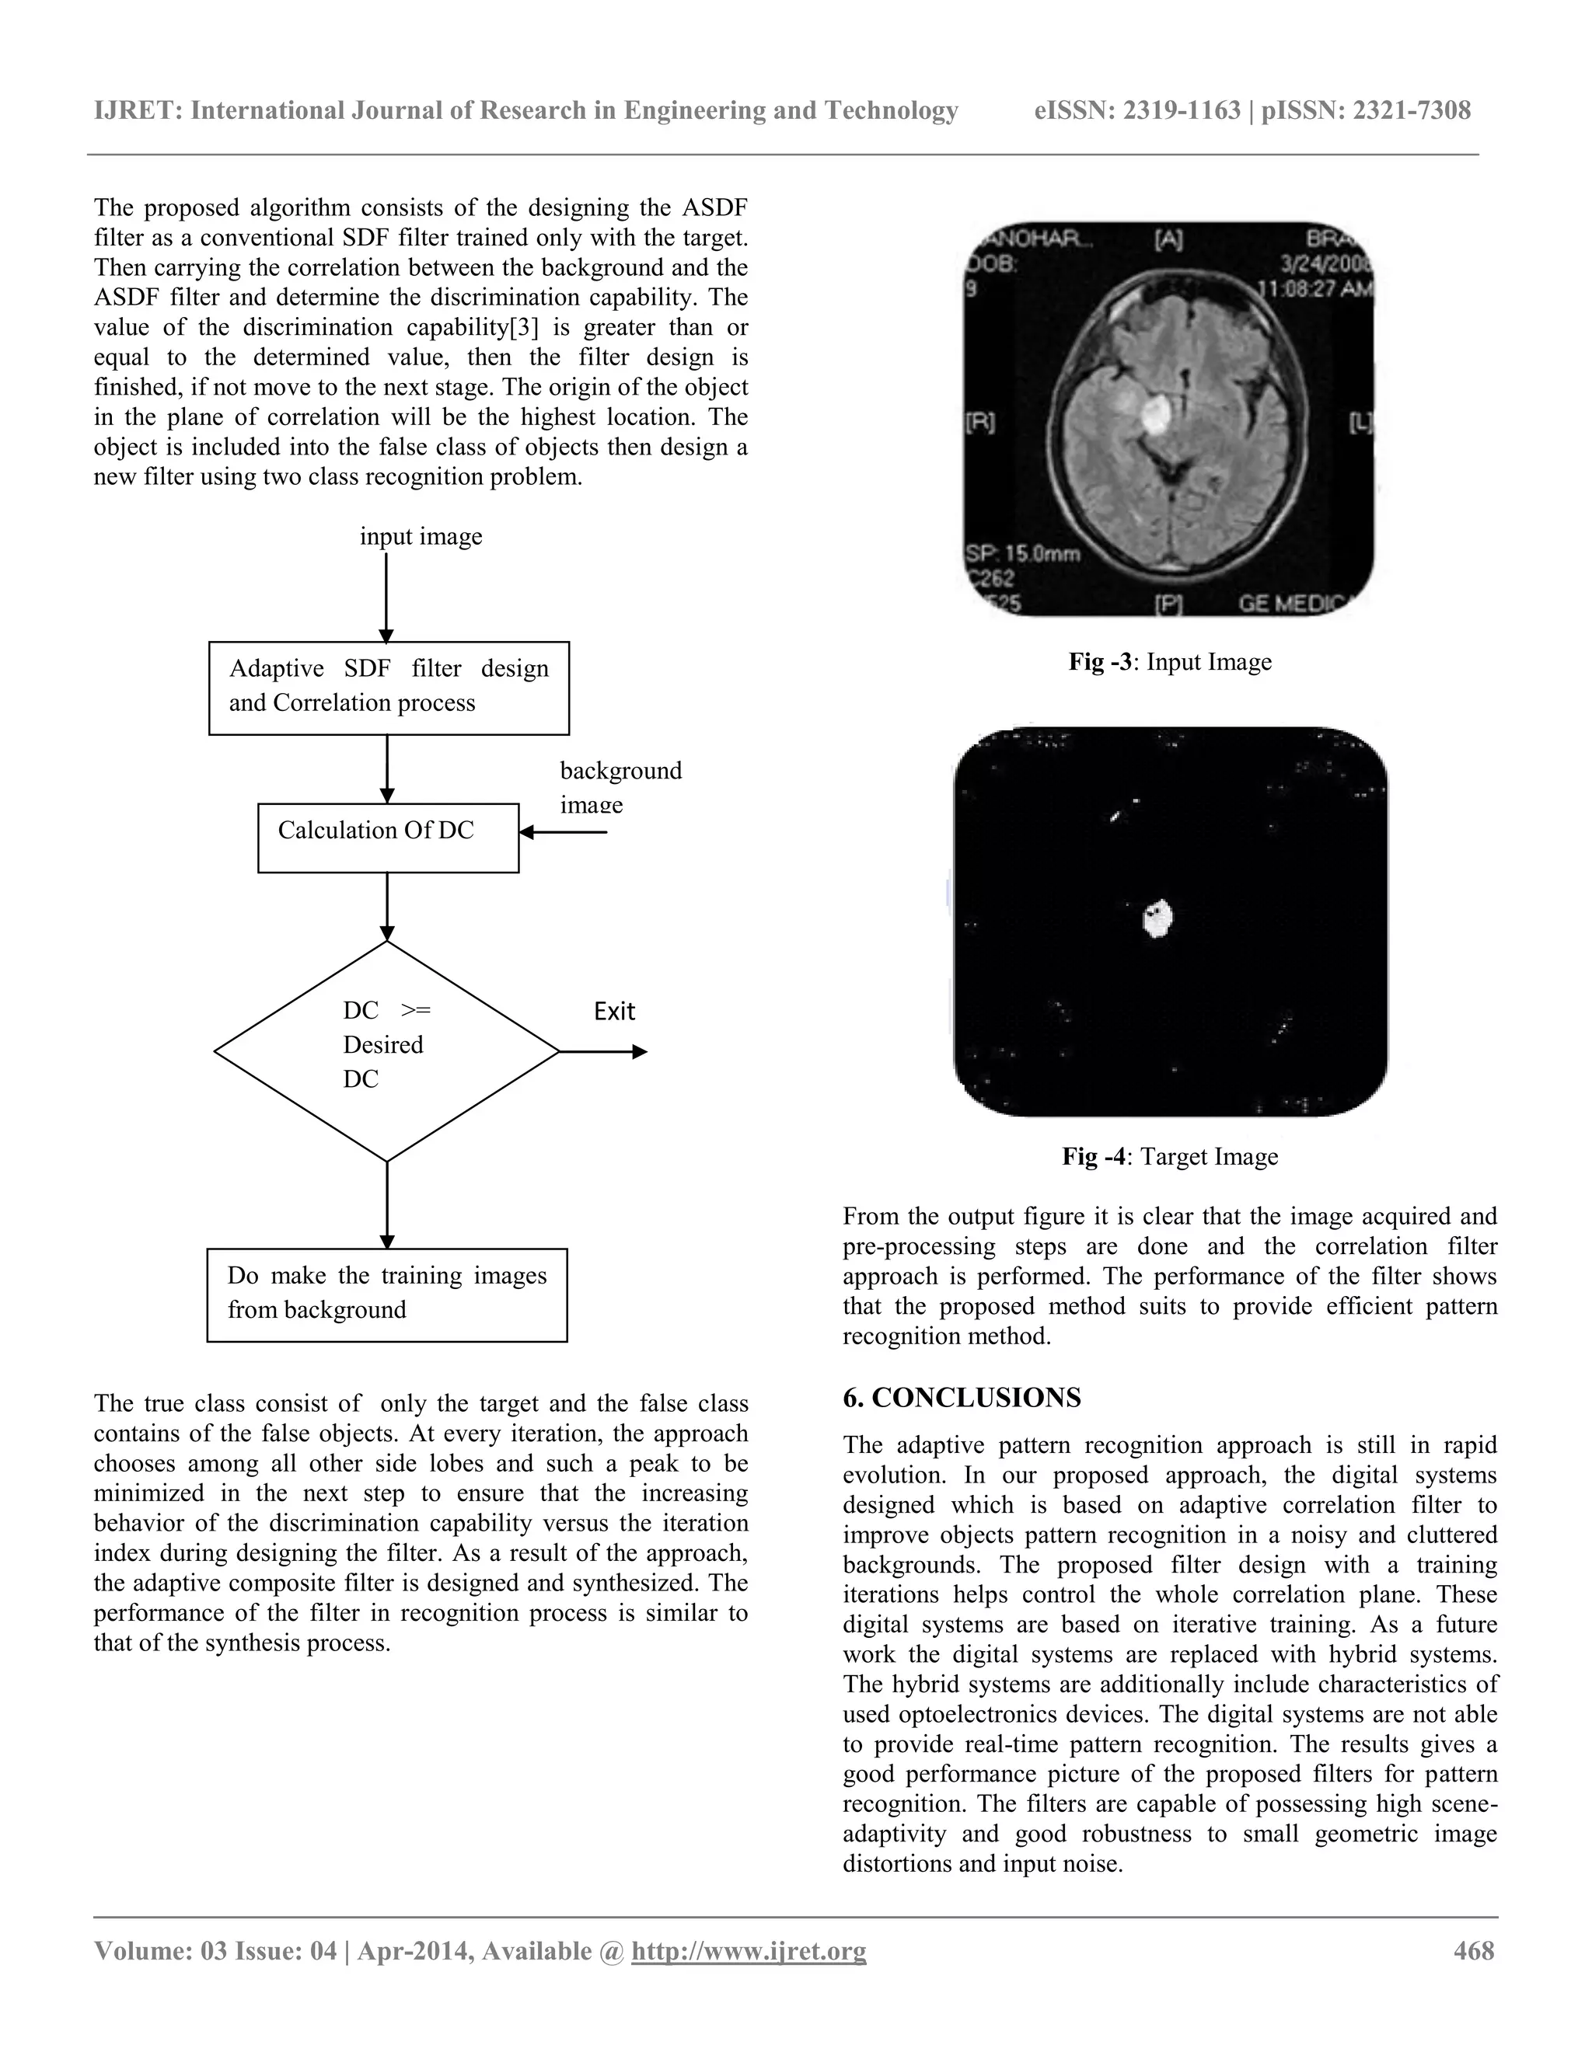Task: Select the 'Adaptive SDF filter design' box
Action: tap(389, 688)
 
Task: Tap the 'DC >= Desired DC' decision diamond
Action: tap(386, 1050)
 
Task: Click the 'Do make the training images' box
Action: tap(386, 1294)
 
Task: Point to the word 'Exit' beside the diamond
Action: tap(614, 1011)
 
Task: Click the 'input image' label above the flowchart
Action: tap(421, 535)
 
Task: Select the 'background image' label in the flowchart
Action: tap(620, 786)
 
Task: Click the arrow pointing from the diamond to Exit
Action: tap(603, 1051)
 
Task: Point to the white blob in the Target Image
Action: tap(1157, 918)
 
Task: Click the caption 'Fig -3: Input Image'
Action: tap(1169, 662)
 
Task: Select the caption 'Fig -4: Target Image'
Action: tap(1169, 1156)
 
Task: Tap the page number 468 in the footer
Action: tap(1473, 1949)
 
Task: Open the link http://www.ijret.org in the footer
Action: tap(748, 1949)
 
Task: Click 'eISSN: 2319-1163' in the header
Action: tap(1136, 110)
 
